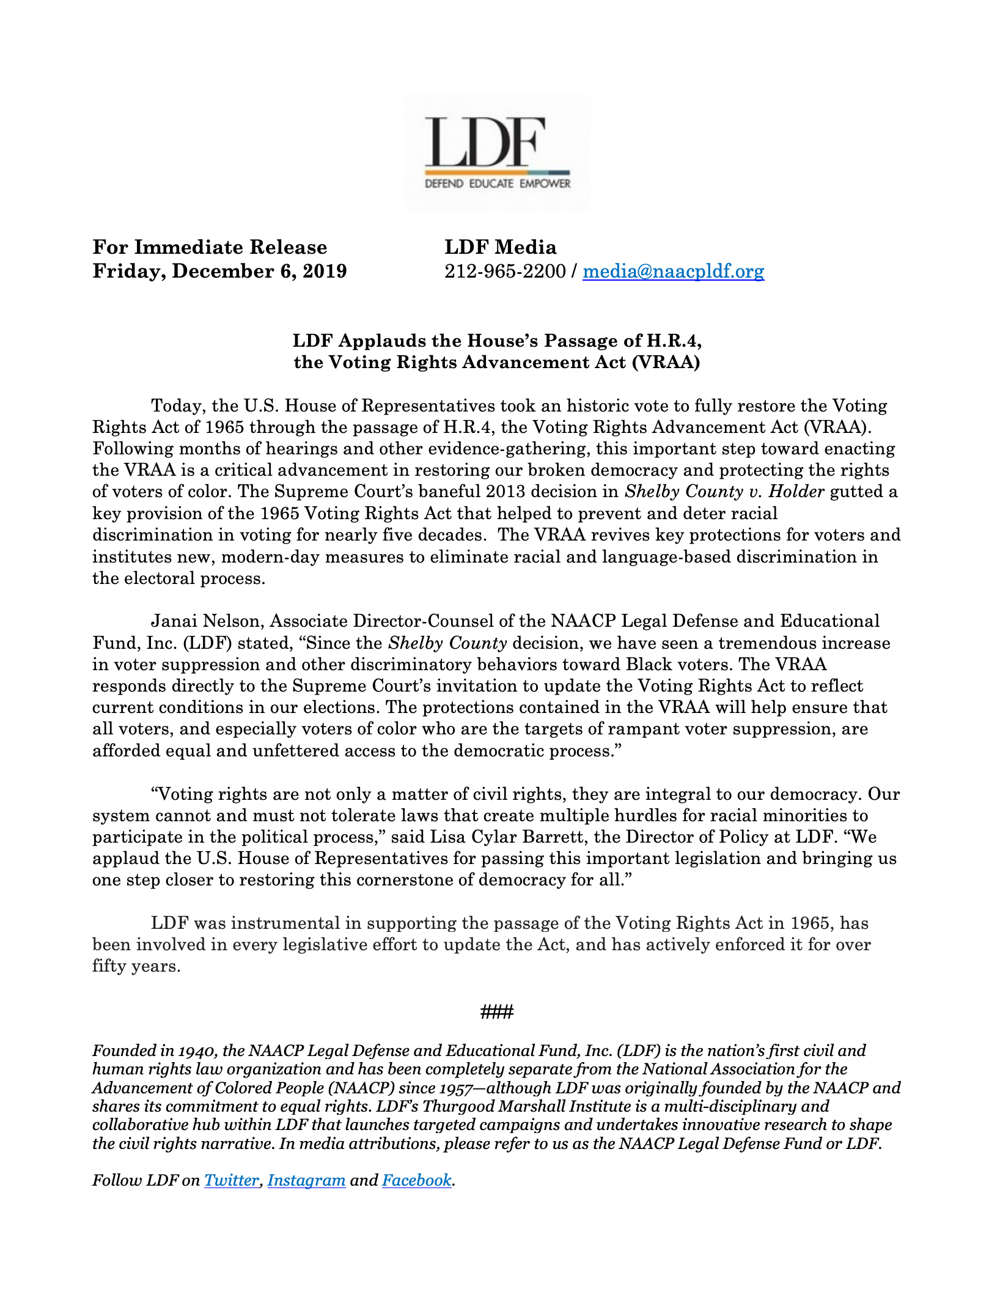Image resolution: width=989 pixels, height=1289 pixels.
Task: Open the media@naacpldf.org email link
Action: pos(673,271)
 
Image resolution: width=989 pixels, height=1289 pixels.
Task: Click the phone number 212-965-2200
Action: pos(505,271)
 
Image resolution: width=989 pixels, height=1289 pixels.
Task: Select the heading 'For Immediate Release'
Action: pos(210,247)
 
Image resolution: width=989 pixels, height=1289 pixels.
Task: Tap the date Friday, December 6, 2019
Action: pos(219,271)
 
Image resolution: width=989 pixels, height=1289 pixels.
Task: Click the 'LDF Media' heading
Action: pos(500,247)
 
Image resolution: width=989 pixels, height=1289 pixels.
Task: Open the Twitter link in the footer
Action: pos(231,1180)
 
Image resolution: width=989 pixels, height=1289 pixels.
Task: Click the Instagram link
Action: pos(306,1180)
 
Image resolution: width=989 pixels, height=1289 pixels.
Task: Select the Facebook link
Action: pos(416,1180)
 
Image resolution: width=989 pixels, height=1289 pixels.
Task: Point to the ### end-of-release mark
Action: pos(496,1012)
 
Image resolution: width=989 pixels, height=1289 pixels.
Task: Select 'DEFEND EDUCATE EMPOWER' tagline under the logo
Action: pos(497,184)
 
